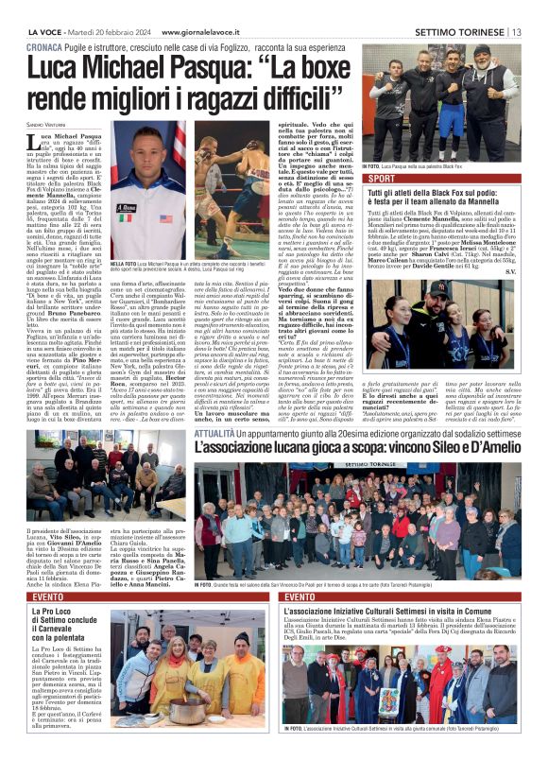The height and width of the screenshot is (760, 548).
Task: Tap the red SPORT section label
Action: click(x=383, y=178)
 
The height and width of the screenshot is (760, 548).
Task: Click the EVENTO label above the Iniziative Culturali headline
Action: click(x=300, y=597)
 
